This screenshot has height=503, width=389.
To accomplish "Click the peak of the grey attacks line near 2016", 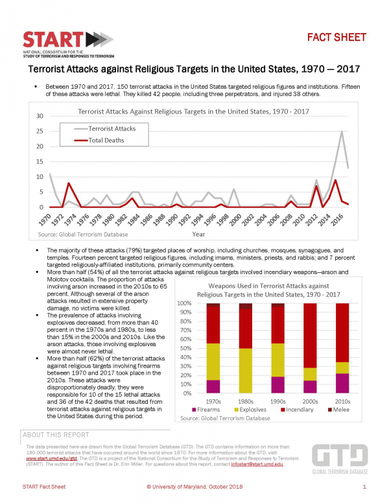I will pyautogui.click(x=342, y=132).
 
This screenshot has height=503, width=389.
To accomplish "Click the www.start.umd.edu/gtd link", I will pyautogui.click(x=45, y=458).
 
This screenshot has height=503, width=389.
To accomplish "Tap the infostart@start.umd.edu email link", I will pyautogui.click(x=258, y=463).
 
